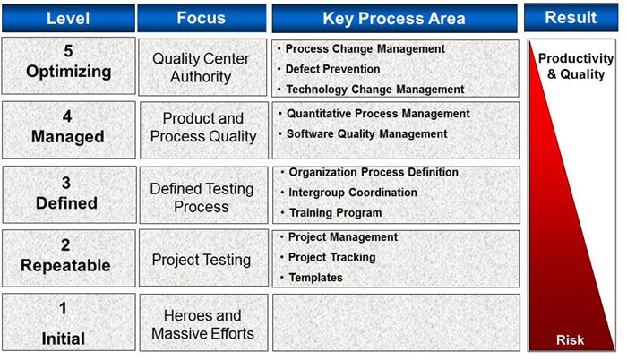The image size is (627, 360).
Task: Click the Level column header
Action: pyautogui.click(x=68, y=18)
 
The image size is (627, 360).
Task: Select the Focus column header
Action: pyautogui.click(x=202, y=18)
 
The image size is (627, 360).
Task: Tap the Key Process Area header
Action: pyautogui.click(x=394, y=19)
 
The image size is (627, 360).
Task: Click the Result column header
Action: pyautogui.click(x=571, y=17)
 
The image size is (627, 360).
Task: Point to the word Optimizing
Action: pyautogui.click(x=69, y=72)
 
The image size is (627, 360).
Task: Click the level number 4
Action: pyautogui.click(x=67, y=116)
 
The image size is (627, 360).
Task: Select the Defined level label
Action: pyautogui.click(x=67, y=203)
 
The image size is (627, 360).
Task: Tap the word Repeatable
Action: pyautogui.click(x=65, y=266)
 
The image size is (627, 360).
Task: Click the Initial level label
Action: pyautogui.click(x=64, y=339)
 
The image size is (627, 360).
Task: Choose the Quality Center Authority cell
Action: pyautogui.click(x=202, y=67)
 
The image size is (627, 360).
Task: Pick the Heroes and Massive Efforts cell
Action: pyautogui.click(x=203, y=322)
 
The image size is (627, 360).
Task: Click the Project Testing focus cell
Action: pyautogui.click(x=203, y=258)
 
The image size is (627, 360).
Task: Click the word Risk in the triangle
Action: pyautogui.click(x=571, y=340)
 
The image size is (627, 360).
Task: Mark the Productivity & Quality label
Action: pyautogui.click(x=576, y=66)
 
